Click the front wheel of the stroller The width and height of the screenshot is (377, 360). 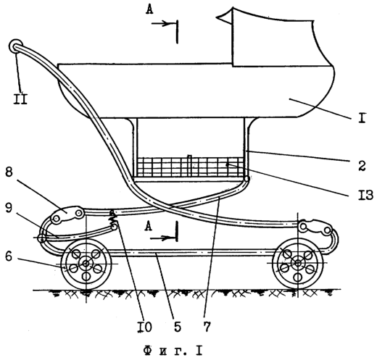[x=298, y=264]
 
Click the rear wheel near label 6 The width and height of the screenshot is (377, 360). [x=86, y=264]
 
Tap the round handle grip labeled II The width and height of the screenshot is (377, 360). [x=16, y=46]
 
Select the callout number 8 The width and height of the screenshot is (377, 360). [x=9, y=172]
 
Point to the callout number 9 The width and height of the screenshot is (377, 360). [x=9, y=208]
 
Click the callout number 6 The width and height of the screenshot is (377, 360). [x=9, y=256]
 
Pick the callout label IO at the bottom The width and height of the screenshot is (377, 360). [x=144, y=327]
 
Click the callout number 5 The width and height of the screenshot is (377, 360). [x=177, y=327]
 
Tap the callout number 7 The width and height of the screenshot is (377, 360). [x=207, y=327]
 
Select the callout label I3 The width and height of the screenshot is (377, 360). [x=365, y=195]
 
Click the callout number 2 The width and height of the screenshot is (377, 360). [x=362, y=165]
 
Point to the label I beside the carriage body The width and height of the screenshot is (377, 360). [x=362, y=117]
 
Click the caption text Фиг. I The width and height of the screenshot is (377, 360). [x=173, y=351]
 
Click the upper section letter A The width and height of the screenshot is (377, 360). [x=149, y=9]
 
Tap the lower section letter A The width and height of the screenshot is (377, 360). [x=148, y=226]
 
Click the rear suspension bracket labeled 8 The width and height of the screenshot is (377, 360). [x=67, y=214]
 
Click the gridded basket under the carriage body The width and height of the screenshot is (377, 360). [x=190, y=167]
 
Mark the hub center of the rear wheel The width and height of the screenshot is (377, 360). [x=86, y=264]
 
